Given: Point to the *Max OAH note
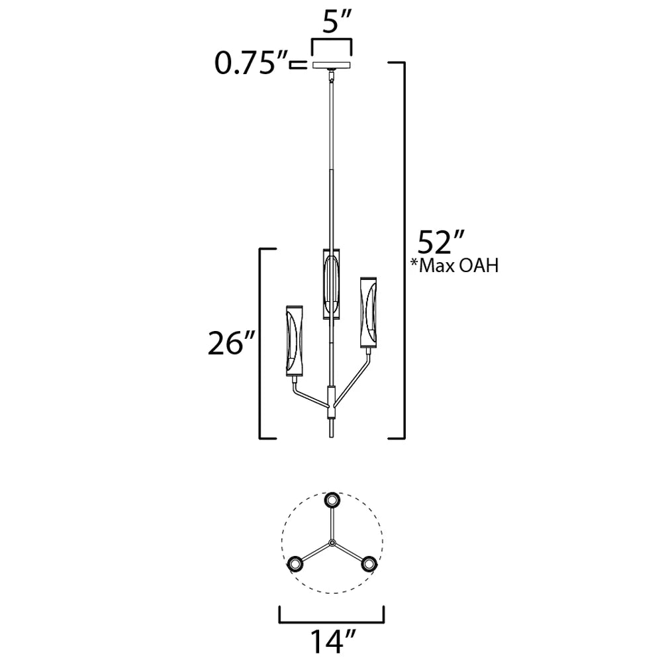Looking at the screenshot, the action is [x=455, y=265].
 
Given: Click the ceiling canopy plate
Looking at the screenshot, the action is [x=332, y=66].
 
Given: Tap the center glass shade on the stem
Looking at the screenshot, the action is [x=332, y=283].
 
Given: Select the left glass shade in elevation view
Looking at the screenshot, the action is [x=295, y=341].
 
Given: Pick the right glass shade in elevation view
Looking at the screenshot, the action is [x=368, y=312].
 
